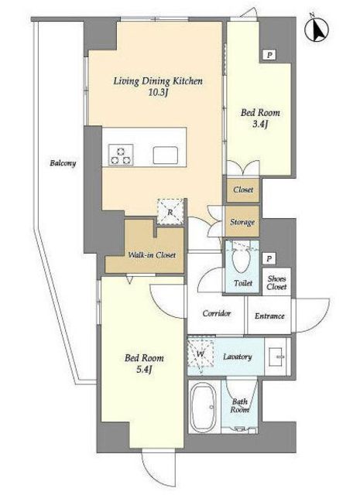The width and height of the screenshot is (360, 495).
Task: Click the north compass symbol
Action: (x=317, y=29)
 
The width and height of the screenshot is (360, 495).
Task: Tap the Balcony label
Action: (x=63, y=163)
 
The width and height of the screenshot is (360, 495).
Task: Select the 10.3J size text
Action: (x=158, y=93)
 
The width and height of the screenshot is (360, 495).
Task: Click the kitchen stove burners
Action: (x=121, y=155)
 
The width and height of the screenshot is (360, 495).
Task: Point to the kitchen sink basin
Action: (x=166, y=155)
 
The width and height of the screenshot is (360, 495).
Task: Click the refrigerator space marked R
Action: (x=170, y=212)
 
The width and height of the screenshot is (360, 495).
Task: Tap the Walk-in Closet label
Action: (x=152, y=255)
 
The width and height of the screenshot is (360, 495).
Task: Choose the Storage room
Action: (x=242, y=222)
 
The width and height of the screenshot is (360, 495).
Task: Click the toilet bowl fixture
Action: (x=242, y=260)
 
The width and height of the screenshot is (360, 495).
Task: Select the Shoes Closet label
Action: (x=276, y=282)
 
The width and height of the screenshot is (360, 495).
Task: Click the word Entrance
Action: (x=269, y=316)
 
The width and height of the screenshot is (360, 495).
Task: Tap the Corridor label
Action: (x=217, y=313)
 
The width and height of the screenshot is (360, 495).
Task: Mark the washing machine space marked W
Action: (x=201, y=353)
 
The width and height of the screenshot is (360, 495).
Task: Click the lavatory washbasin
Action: (x=277, y=357)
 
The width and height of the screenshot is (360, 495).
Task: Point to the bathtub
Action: (x=204, y=408)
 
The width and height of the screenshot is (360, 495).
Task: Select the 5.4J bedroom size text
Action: (x=144, y=370)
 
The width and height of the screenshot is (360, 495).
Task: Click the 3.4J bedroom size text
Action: (x=260, y=124)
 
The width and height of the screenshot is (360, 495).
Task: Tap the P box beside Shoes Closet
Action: (x=269, y=259)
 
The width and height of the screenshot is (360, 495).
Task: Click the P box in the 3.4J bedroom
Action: (x=269, y=56)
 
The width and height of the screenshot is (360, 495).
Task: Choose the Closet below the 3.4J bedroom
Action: (x=243, y=190)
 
